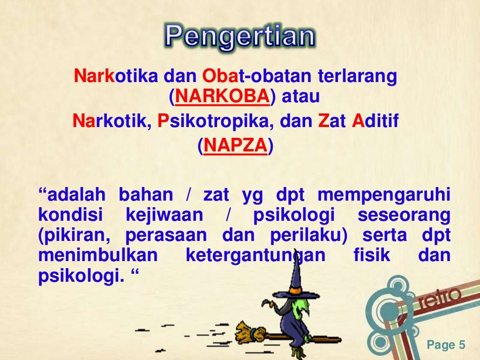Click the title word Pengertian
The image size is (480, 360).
pos(240,37)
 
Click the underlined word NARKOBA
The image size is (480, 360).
pos(223,97)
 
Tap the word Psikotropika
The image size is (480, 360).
pos(216,122)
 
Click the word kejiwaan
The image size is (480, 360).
pos(165,216)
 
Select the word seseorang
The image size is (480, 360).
pos(404,216)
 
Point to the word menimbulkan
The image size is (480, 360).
pos(97,256)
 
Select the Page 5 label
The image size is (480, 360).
pos(446,345)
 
